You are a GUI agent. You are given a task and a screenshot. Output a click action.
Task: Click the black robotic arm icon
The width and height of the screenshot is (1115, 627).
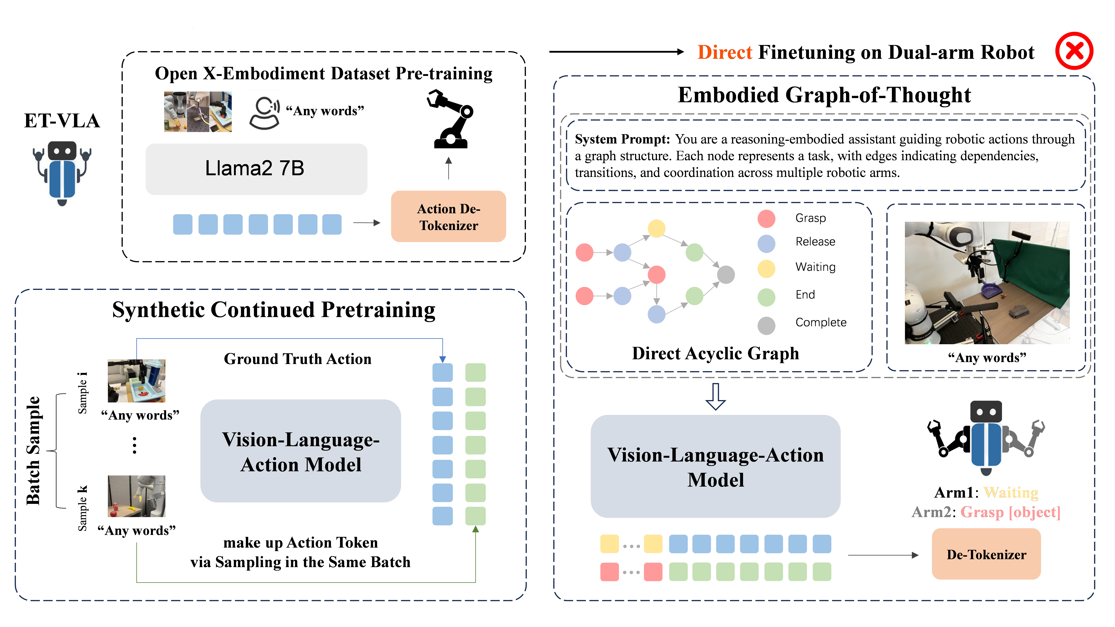(x=450, y=119)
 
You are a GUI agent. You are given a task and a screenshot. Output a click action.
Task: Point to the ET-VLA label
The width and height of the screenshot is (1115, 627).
(x=62, y=121)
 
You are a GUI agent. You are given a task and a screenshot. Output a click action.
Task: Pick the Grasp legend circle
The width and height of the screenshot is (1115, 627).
(x=766, y=219)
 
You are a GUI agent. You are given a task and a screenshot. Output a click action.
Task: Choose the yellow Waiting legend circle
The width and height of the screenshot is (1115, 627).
(x=766, y=268)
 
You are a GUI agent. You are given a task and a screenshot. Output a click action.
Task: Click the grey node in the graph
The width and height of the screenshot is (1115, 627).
(x=726, y=274)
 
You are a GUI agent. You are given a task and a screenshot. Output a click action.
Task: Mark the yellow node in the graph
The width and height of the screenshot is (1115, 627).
(x=656, y=228)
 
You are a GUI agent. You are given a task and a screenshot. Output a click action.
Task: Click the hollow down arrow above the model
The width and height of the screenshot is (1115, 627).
(x=715, y=396)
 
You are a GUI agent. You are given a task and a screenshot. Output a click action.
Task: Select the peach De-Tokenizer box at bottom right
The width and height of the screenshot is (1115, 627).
(x=986, y=554)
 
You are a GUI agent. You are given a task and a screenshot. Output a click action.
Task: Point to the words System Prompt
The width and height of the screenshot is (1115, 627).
(x=622, y=139)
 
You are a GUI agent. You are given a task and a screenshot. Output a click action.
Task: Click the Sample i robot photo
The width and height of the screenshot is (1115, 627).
(x=136, y=381)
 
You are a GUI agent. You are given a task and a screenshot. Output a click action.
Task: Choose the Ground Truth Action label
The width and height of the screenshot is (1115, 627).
(x=297, y=359)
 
